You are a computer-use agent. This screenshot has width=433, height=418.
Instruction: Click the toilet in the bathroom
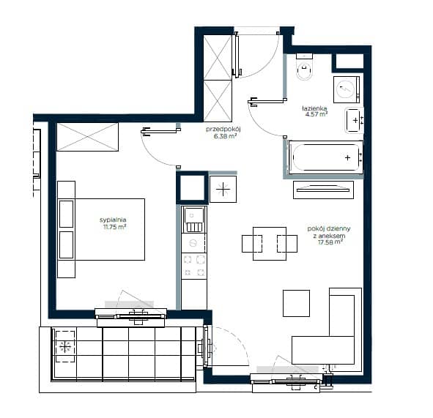pyautogui.click(x=304, y=67)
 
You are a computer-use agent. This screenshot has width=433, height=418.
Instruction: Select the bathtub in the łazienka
pyautogui.click(x=325, y=157)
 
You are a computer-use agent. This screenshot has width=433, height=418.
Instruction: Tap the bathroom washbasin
pyautogui.click(x=355, y=121)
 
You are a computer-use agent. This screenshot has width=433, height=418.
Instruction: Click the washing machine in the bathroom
pyautogui.click(x=347, y=89)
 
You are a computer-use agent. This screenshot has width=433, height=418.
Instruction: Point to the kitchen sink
pyautogui.click(x=194, y=220)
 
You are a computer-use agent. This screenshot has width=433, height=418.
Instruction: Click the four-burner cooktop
pyautogui.click(x=194, y=266)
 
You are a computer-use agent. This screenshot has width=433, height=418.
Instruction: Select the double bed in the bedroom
pyautogui.click(x=101, y=229)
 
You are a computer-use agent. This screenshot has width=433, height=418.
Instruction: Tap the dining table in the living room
pyautogui.click(x=270, y=244)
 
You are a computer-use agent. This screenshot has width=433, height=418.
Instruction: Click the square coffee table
pyautogui.click(x=296, y=303)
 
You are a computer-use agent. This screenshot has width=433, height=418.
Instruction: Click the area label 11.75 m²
pyautogui.click(x=114, y=227)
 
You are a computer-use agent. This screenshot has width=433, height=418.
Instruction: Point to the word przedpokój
pyautogui.click(x=223, y=129)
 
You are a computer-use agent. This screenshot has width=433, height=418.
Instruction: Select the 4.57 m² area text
pyautogui.click(x=317, y=114)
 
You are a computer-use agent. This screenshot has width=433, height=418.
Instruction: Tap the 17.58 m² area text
pyautogui.click(x=330, y=242)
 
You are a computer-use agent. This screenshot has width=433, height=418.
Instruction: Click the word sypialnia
pyautogui.click(x=113, y=220)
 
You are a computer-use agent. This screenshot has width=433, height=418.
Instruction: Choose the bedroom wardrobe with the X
pyautogui.click(x=87, y=137)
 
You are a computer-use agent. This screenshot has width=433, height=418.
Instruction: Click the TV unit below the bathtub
pyautogui.click(x=323, y=190)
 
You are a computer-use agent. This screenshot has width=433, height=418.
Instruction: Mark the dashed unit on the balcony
pyautogui.click(x=65, y=346)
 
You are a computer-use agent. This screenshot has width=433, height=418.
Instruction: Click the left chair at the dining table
pyautogui.click(x=252, y=244)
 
